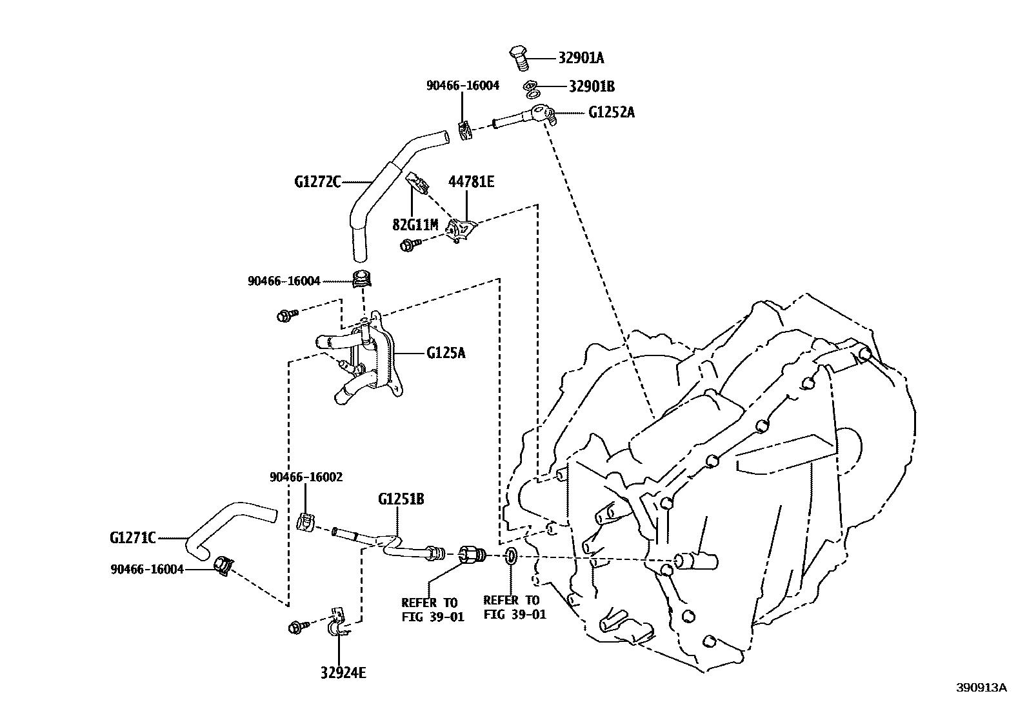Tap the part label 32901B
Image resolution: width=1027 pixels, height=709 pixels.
[x=592, y=86]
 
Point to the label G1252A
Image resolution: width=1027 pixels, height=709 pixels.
[x=611, y=112]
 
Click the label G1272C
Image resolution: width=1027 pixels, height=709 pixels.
[x=317, y=182]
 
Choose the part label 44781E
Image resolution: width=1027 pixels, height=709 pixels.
[x=471, y=183]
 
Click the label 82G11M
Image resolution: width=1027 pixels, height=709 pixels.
[x=415, y=225]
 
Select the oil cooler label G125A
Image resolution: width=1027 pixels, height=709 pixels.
[x=446, y=353]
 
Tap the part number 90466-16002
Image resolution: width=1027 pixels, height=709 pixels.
[x=306, y=477]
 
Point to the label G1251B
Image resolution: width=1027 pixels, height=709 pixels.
[x=401, y=499]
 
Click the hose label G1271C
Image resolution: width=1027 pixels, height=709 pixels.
[x=133, y=537]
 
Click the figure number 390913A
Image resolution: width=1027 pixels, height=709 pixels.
[x=981, y=688]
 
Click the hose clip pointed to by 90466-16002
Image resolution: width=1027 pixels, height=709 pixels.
[x=305, y=521]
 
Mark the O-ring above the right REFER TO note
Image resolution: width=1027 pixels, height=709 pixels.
[x=510, y=555]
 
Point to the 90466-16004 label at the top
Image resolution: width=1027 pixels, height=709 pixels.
[x=463, y=85]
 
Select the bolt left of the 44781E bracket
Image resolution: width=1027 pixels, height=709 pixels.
[x=408, y=245]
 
